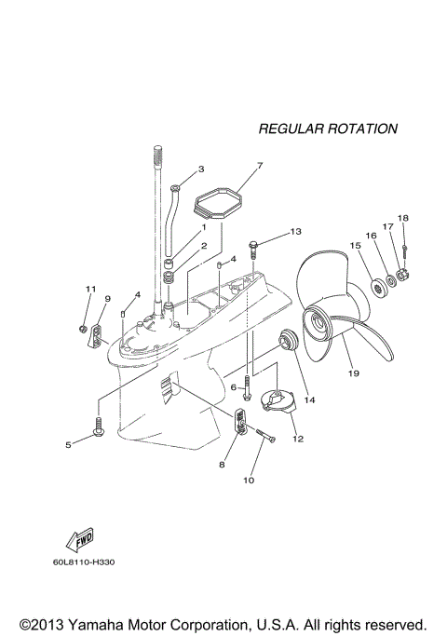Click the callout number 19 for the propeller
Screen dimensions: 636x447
tap(353, 372)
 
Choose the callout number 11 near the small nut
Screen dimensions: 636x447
tap(91, 290)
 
